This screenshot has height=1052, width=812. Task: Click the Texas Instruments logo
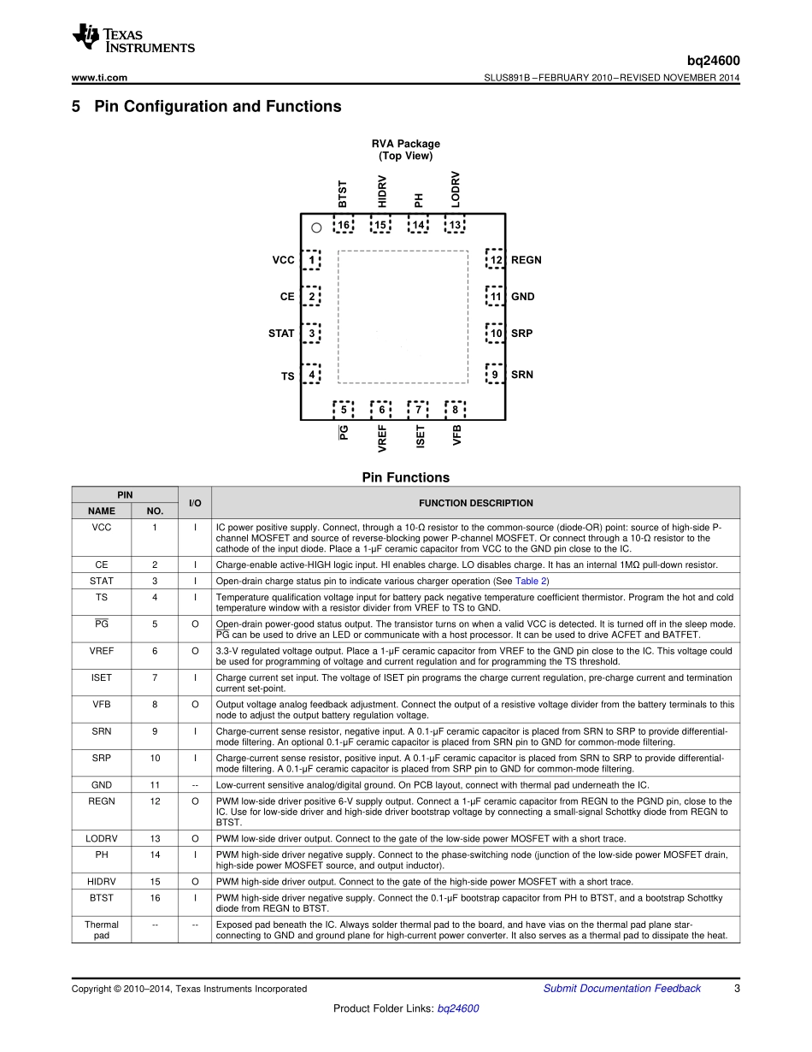[133, 38]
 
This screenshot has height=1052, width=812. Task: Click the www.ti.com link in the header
[99, 78]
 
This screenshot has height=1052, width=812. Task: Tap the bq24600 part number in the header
[714, 61]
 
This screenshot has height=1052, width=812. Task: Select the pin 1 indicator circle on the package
[316, 228]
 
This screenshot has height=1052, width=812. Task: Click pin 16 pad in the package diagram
[344, 225]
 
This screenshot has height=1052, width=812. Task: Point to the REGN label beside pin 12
[527, 260]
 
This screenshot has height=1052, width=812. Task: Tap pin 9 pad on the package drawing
[495, 375]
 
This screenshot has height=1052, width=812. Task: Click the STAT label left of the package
[281, 334]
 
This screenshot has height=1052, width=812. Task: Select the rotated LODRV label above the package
[456, 188]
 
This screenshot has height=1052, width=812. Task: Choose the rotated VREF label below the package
[382, 438]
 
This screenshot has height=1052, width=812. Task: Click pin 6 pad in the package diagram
[381, 411]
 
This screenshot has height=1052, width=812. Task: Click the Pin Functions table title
[405, 478]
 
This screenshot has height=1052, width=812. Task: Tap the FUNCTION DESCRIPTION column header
[475, 503]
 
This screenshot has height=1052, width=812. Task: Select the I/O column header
[195, 503]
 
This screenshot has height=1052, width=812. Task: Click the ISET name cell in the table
[102, 677]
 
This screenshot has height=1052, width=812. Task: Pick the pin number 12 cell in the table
[155, 801]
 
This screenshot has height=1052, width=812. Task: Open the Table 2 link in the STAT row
[531, 581]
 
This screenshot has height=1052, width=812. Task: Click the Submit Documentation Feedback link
[621, 989]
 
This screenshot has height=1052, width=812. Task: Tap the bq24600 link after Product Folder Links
[458, 1008]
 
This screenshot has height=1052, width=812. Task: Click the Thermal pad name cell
[102, 930]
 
